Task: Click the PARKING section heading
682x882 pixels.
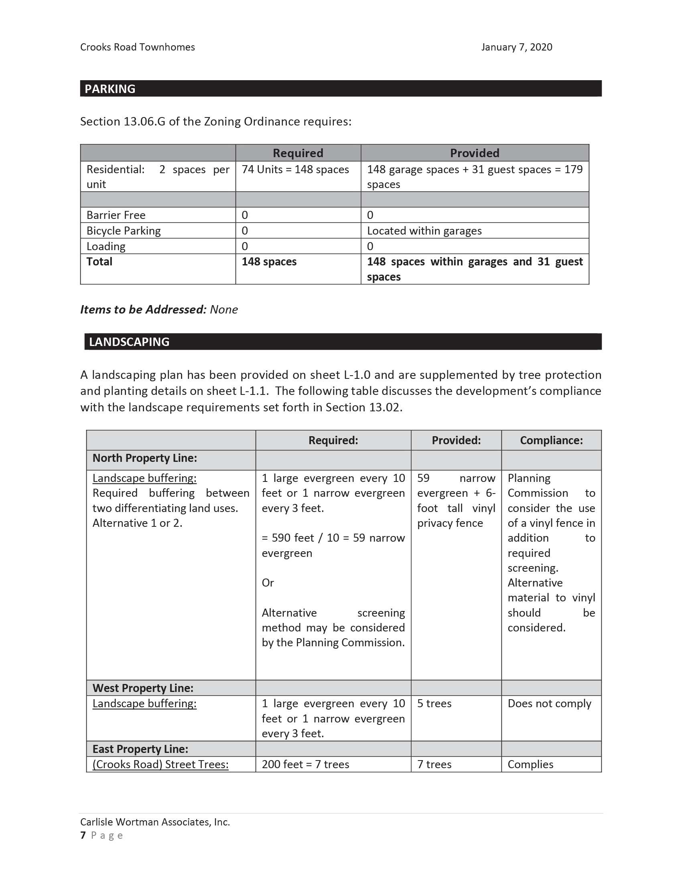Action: pyautogui.click(x=110, y=89)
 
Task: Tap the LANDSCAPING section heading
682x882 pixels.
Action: pyautogui.click(x=129, y=342)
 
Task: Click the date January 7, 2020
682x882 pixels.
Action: pyautogui.click(x=516, y=47)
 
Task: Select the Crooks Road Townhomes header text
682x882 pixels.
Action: pyautogui.click(x=137, y=47)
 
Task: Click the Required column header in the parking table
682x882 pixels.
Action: pyautogui.click(x=298, y=153)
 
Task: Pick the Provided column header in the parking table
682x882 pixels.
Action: pyautogui.click(x=474, y=153)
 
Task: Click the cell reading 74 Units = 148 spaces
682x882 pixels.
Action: pyautogui.click(x=295, y=170)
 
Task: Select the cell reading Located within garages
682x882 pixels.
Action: pyautogui.click(x=424, y=231)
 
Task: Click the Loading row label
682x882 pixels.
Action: pyautogui.click(x=106, y=246)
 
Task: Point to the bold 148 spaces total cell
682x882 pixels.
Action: pyautogui.click(x=269, y=262)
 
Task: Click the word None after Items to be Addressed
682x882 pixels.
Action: pyautogui.click(x=224, y=310)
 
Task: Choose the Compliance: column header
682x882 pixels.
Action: pyautogui.click(x=551, y=440)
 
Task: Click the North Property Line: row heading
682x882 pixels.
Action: pyautogui.click(x=145, y=458)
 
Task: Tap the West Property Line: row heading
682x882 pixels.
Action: pyautogui.click(x=143, y=688)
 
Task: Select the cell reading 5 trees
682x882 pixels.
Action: pyautogui.click(x=434, y=704)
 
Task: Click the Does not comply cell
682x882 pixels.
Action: pyautogui.click(x=549, y=704)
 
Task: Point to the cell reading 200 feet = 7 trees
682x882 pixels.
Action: pyautogui.click(x=305, y=765)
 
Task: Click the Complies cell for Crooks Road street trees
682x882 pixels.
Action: pyautogui.click(x=530, y=765)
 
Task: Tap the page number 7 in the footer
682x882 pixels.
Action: pyautogui.click(x=83, y=835)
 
